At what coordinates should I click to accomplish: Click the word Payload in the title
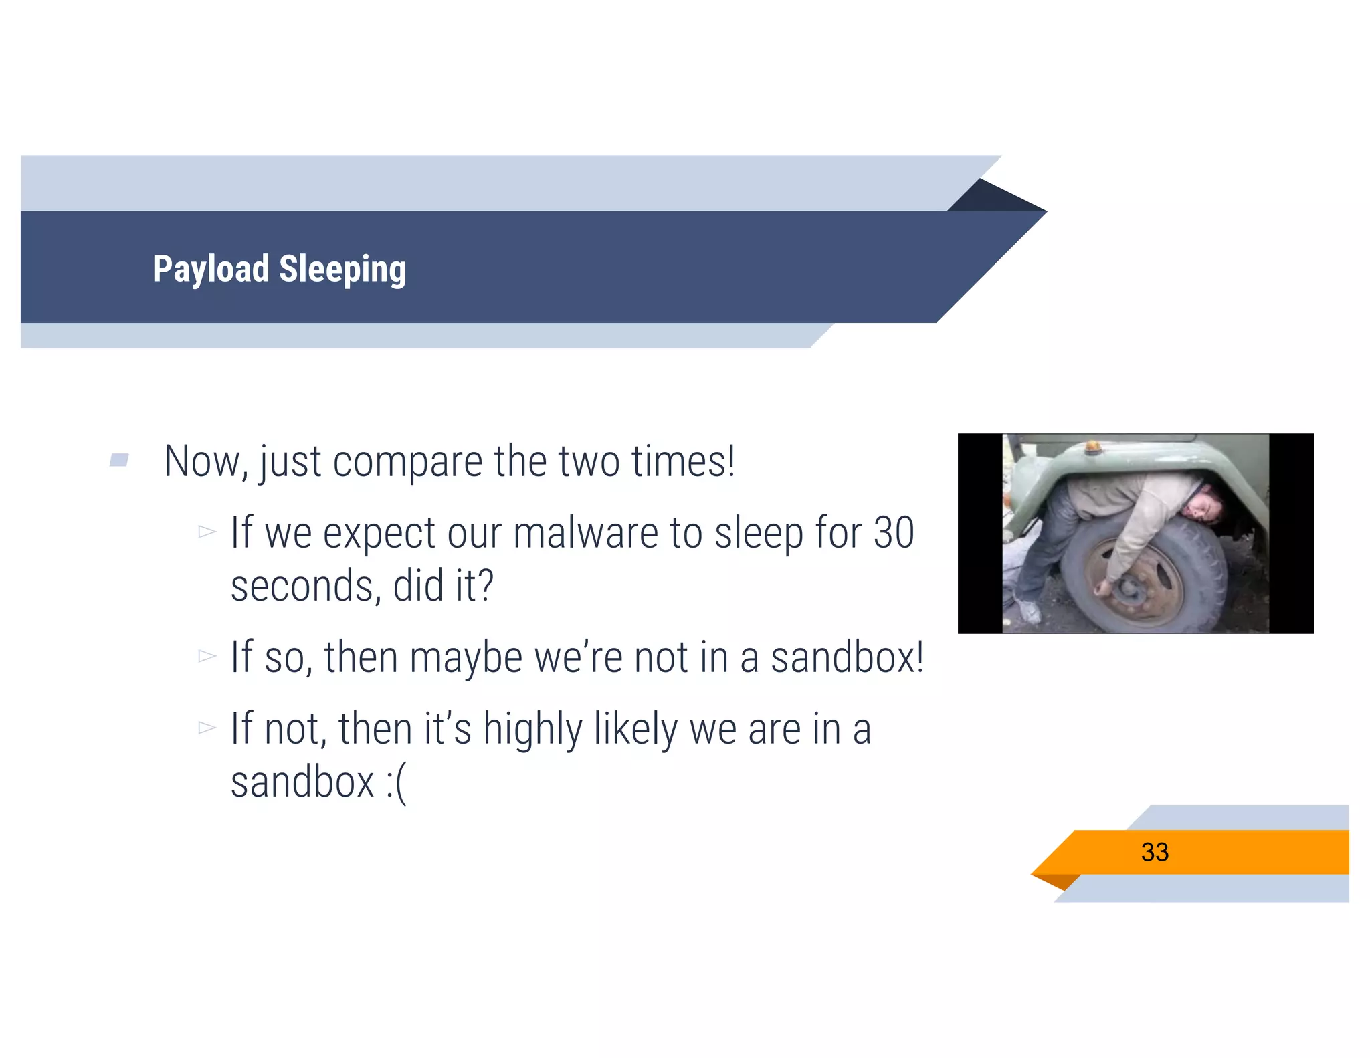tap(210, 270)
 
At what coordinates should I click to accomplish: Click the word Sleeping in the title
tap(342, 270)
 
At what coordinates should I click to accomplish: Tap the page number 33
tap(1155, 852)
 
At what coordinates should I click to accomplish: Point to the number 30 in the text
tap(894, 533)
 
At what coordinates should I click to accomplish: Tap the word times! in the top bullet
tap(683, 461)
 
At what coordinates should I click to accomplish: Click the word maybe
tap(466, 657)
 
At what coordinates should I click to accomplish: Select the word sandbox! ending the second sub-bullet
tap(847, 657)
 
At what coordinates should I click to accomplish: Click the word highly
tap(532, 729)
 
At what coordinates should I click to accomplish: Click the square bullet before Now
tap(119, 460)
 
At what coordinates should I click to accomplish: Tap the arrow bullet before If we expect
tap(207, 532)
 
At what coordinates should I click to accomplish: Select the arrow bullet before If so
tap(207, 657)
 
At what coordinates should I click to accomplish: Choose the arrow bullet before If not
tap(207, 728)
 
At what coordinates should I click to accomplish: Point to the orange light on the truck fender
tap(1092, 446)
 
